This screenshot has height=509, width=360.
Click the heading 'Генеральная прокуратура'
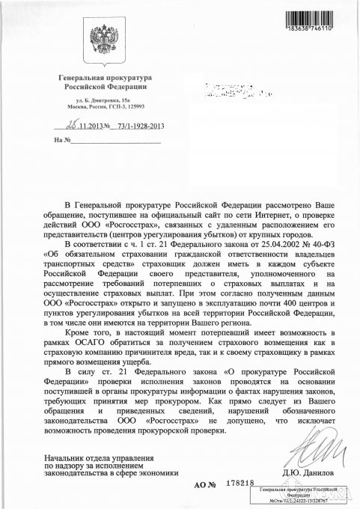pos(105,78)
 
